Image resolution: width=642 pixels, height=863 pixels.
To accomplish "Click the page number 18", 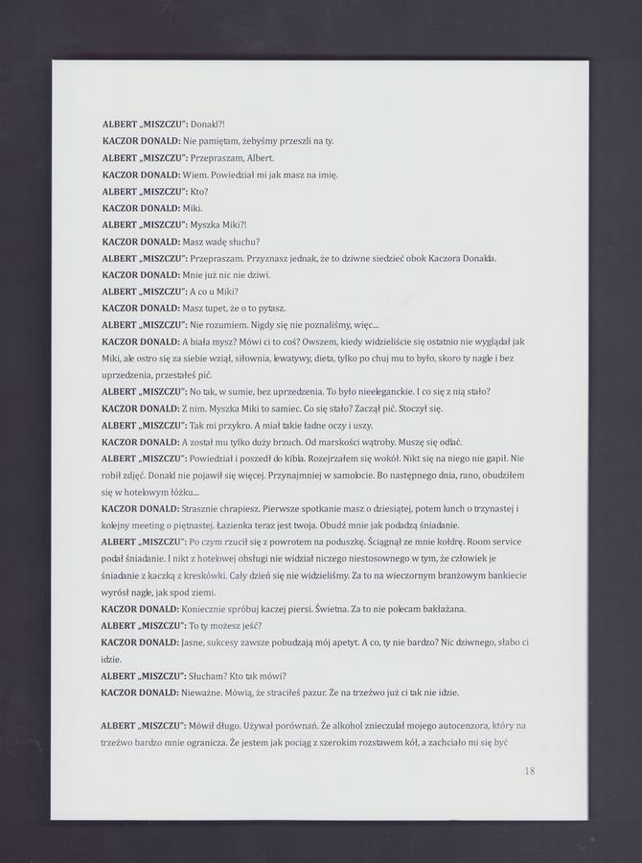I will tap(530, 769).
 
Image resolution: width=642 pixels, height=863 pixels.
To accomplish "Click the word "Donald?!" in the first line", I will tap(208, 125).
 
